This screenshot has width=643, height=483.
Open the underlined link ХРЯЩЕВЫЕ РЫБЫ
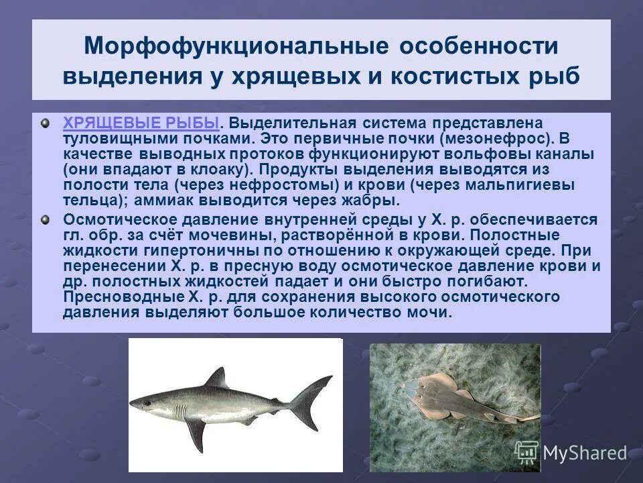pyautogui.click(x=141, y=123)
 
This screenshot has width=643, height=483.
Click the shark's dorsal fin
pyautogui.click(x=216, y=379)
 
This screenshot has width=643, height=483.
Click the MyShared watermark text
pyautogui.click(x=584, y=453)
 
